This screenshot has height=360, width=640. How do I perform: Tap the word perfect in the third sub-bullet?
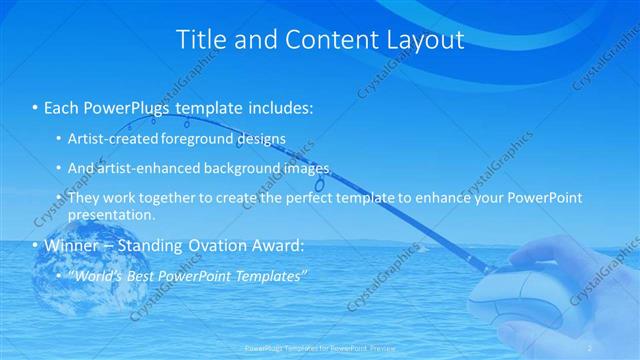[314, 198]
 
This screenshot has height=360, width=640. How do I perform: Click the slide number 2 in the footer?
[591, 347]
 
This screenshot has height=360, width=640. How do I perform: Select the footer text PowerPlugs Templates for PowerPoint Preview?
[319, 347]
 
